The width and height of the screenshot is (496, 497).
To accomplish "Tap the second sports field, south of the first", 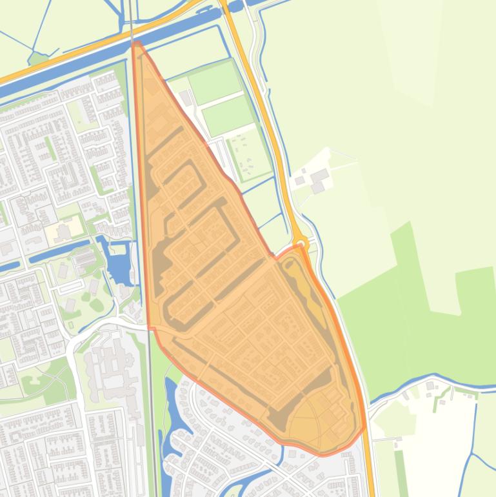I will [x=228, y=115].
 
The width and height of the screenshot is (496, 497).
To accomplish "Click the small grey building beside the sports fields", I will [x=186, y=97].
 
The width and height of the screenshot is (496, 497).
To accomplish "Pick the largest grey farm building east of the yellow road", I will [x=319, y=176].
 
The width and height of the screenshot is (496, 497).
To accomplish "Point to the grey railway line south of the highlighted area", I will [x=152, y=420].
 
